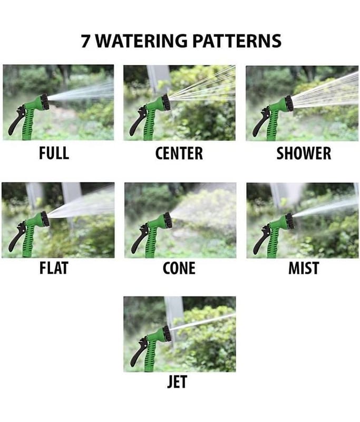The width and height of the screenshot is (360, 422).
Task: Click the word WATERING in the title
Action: tap(141, 41)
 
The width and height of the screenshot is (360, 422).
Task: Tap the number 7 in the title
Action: tap(85, 41)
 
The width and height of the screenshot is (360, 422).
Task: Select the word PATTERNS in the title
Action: tap(237, 41)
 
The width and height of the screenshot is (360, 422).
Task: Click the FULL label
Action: tap(54, 153)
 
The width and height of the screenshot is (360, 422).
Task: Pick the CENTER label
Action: tap(179, 154)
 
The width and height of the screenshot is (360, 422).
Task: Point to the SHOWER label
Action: tap(304, 154)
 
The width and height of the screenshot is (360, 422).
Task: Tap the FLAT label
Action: tap(54, 268)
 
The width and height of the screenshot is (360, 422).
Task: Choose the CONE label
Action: tap(179, 268)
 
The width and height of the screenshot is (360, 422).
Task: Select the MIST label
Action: tap(304, 268)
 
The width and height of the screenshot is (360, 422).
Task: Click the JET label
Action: tap(177, 382)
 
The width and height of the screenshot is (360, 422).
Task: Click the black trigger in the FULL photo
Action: tap(16, 120)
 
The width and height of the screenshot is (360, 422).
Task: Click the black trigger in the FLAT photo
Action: tap(17, 236)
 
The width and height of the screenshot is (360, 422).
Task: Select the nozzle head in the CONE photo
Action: tap(168, 220)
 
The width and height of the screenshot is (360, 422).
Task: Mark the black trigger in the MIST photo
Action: tap(261, 239)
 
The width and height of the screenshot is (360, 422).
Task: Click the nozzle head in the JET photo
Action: tap(167, 333)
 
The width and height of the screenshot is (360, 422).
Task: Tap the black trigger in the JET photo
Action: tap(138, 352)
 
